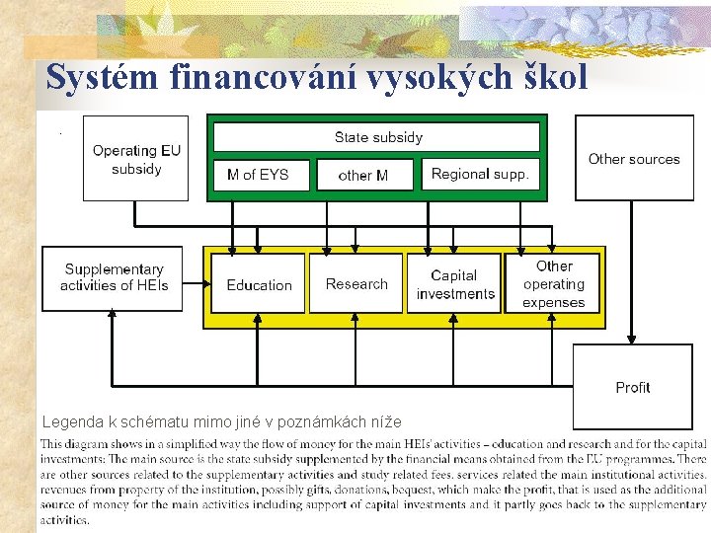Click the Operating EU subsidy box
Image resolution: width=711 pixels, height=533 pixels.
[x=136, y=159]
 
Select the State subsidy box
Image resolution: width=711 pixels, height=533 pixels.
[x=377, y=137]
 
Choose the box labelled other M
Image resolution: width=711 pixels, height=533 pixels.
[x=363, y=176]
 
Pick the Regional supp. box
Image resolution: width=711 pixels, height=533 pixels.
[x=480, y=174]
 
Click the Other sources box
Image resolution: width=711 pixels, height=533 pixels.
[x=634, y=159]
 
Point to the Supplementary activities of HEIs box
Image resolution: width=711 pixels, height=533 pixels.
[x=113, y=277]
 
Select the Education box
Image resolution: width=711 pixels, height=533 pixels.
[x=259, y=284]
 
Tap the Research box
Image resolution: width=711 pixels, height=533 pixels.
[x=356, y=284]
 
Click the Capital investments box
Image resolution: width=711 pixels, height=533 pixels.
[x=454, y=284]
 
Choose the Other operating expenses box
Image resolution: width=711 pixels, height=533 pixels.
[x=554, y=284]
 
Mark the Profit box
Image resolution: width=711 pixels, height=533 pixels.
[x=632, y=386]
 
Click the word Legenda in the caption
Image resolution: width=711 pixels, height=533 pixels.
[x=71, y=422]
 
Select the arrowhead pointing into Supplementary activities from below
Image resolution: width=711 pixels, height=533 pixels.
[x=113, y=317]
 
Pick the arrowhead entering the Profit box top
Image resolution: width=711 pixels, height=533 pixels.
[x=632, y=339]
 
